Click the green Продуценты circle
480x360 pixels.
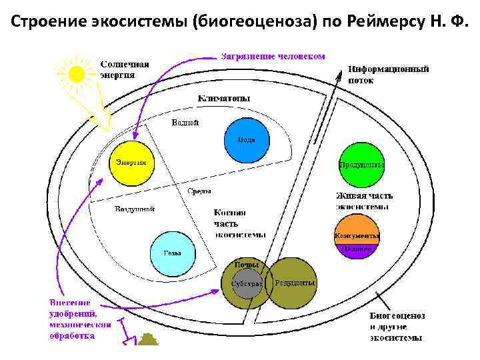pyautogui.click(x=361, y=165)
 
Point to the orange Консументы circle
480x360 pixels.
pyautogui.click(x=357, y=235)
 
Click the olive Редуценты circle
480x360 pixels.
pyautogui.click(x=293, y=283)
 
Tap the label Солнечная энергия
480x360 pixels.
pyautogui.click(x=125, y=69)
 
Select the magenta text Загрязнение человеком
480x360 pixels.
pyautogui.click(x=273, y=56)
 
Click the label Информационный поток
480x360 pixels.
pyautogui.click(x=388, y=73)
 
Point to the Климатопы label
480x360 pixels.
pyautogui.click(x=224, y=98)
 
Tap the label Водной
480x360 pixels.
pyautogui.click(x=185, y=122)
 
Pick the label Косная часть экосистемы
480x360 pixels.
pyautogui.click(x=239, y=223)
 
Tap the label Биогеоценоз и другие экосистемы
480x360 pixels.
pyautogui.click(x=397, y=326)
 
